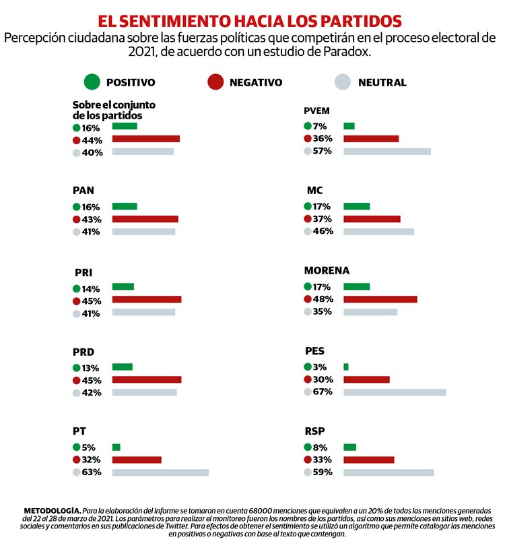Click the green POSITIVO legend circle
pos(92,82)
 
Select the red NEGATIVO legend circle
pos(215,82)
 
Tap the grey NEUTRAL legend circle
pos(343,82)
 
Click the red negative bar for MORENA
pos(380,299)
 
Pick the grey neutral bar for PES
pos(395,392)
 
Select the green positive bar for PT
pos(116,447)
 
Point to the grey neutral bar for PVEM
pos(386,152)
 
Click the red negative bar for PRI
pos(146,299)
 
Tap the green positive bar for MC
pos(356,206)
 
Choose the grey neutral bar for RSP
pos(389,472)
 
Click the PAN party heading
pos(83,191)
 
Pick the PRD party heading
pos(83,352)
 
